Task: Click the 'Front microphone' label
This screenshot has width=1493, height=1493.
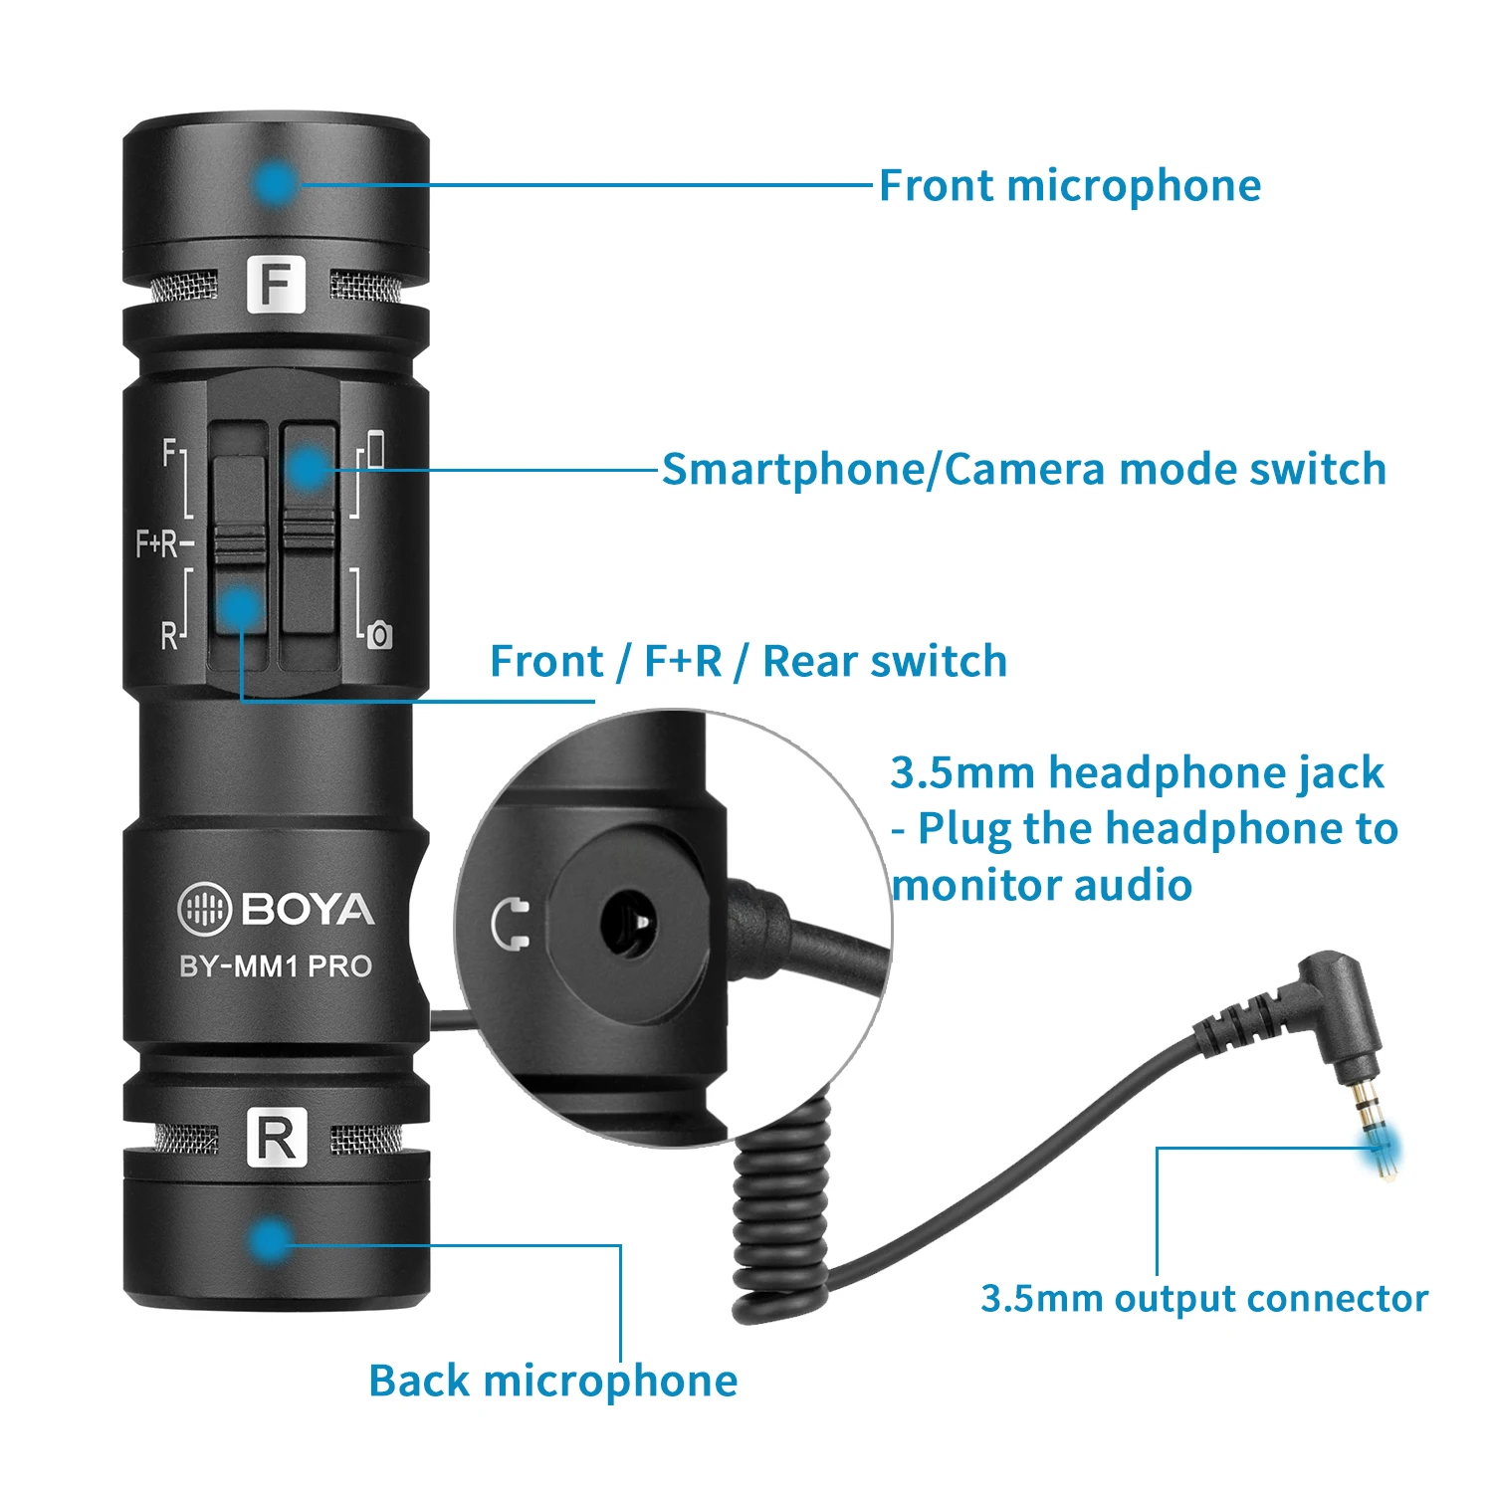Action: click(x=1069, y=186)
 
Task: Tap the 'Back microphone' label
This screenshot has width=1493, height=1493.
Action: click(x=552, y=1381)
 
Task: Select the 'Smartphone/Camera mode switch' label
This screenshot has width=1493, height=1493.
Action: click(x=1023, y=469)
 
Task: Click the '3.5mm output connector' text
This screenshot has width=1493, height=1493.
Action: click(x=1203, y=1298)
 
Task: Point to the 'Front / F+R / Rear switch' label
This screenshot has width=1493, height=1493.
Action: click(x=748, y=661)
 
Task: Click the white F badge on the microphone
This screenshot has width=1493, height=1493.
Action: click(x=275, y=285)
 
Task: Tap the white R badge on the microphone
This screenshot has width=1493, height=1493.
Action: click(x=275, y=1139)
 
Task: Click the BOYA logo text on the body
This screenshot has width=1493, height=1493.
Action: click(x=308, y=910)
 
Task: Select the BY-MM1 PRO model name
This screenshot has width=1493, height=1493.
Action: click(x=276, y=966)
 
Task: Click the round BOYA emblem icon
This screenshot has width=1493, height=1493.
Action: click(x=203, y=909)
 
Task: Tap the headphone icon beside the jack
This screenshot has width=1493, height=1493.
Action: click(x=512, y=924)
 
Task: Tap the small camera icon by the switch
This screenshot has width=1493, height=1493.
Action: click(x=379, y=635)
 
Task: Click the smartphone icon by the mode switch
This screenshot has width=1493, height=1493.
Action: click(x=375, y=449)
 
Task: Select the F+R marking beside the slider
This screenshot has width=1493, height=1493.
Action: click(x=160, y=543)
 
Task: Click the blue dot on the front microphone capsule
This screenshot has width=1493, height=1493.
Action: click(x=275, y=183)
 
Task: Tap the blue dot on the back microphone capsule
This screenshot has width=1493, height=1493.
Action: click(x=268, y=1241)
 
